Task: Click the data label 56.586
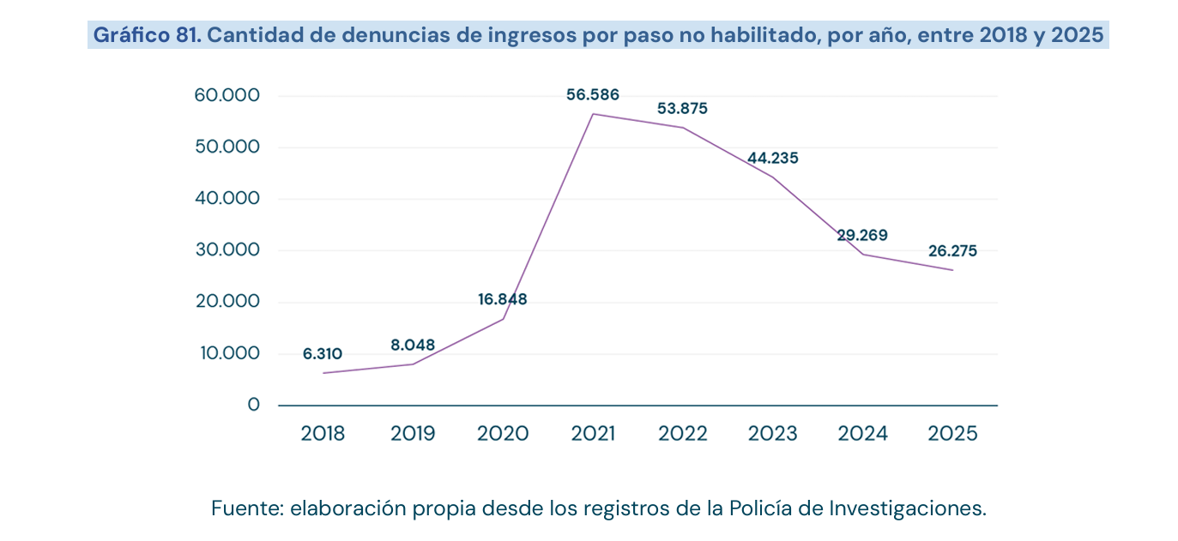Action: coord(593,94)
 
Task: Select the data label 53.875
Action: coord(683,108)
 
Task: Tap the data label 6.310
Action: coord(323,354)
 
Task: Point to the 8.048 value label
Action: coord(413,345)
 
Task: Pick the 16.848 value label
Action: coord(502,299)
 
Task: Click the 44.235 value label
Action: coord(773,158)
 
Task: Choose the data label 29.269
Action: coord(862,235)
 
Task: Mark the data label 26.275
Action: coord(952,251)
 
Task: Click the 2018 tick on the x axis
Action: coord(323,434)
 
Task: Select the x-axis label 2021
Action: coord(593,434)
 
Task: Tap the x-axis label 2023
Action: coord(773,434)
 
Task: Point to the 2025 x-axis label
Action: coord(952,434)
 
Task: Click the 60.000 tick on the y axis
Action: coord(227,95)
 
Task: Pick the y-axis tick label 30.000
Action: coord(227,249)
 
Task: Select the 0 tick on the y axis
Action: coord(254,405)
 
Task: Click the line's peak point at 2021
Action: coord(593,114)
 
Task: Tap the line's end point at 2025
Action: coord(952,270)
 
